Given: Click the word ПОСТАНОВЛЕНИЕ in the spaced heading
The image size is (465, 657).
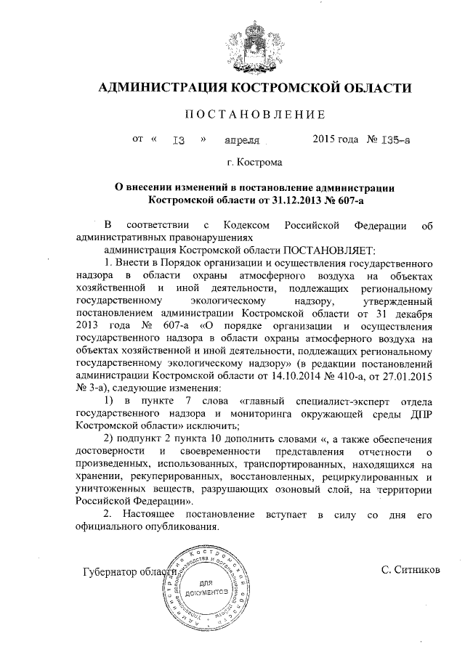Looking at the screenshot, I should [255, 115].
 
